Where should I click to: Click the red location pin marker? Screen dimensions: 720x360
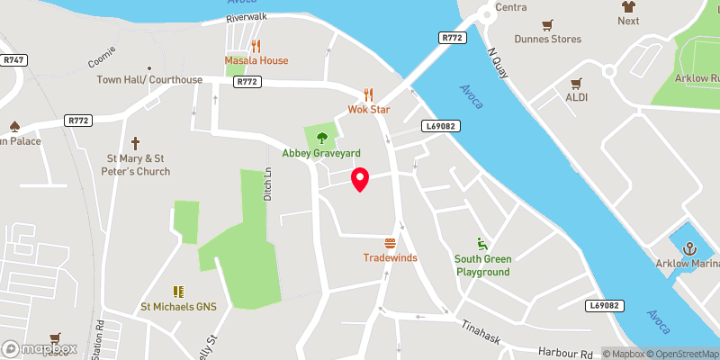[360, 179]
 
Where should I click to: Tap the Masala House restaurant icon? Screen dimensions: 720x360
[256, 46]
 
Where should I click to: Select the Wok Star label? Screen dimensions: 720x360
[368, 110]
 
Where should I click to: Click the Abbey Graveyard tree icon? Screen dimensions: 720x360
[321, 138]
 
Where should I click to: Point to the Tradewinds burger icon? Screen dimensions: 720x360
[390, 243]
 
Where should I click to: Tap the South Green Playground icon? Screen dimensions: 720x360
[482, 244]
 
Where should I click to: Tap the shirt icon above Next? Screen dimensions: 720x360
[628, 5]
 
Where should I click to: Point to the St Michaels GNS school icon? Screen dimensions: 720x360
[178, 292]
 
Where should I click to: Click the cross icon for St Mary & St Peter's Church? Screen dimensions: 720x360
[136, 143]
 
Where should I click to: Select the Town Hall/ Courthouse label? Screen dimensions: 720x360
[150, 80]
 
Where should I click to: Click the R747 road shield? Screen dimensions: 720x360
[13, 59]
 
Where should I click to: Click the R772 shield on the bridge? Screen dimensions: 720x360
[452, 38]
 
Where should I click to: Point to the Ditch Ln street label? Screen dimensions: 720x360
[267, 184]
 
